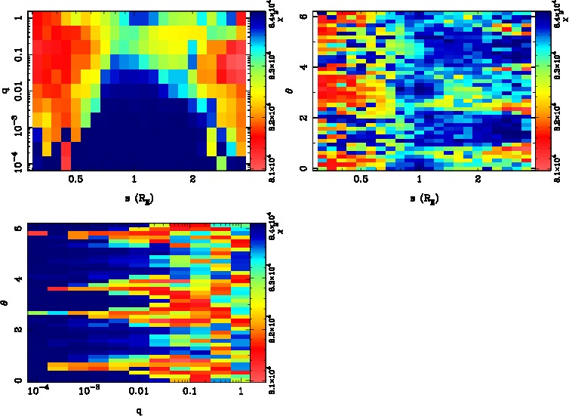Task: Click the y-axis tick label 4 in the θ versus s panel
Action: [303, 66]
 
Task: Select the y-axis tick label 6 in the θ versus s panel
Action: [303, 15]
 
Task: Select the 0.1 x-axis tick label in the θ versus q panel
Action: [189, 393]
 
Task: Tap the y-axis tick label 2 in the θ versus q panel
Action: [20, 330]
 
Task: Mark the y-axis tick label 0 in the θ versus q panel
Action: [20, 382]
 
